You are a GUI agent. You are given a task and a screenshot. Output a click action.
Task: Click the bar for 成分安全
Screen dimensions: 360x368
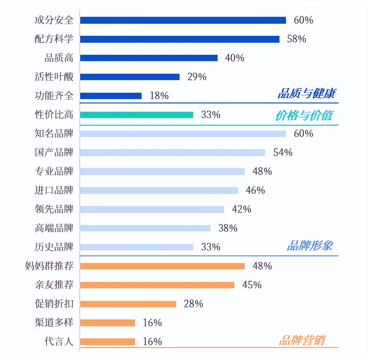183,20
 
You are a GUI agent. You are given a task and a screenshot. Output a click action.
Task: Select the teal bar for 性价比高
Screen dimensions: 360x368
137,115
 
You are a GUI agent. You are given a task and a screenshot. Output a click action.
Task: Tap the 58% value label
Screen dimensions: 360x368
296,39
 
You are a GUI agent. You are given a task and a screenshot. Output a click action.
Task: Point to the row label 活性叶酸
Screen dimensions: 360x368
54,77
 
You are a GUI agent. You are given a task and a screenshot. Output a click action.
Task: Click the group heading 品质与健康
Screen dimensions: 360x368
307,94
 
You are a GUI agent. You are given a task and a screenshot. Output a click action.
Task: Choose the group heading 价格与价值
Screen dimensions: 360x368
304,115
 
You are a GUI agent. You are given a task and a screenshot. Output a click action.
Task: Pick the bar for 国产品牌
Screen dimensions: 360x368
173,153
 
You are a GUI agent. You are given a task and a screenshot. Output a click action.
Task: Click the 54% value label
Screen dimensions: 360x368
283,153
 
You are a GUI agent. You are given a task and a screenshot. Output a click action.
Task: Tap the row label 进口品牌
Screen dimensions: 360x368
54,190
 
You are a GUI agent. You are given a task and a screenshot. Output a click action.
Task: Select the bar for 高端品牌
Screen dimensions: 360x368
145,228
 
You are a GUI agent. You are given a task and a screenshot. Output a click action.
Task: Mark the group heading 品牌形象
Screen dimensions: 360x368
310,246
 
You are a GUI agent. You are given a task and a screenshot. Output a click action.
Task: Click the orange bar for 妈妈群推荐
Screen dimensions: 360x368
162,266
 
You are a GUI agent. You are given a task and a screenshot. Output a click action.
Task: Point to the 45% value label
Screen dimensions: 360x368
252,285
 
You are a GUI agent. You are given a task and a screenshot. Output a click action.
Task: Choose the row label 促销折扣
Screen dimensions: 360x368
54,304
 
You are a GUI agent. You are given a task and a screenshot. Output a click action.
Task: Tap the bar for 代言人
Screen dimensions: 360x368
107,342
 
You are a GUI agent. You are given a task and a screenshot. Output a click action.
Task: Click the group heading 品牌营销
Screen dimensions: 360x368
302,340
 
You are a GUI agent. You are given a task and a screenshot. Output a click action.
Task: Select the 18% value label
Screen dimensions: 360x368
159,96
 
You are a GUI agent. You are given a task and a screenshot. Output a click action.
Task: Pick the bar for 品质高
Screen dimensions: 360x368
149,58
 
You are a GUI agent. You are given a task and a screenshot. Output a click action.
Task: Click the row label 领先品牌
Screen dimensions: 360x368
54,209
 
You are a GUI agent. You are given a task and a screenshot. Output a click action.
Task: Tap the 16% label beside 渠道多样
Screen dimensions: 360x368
152,323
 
